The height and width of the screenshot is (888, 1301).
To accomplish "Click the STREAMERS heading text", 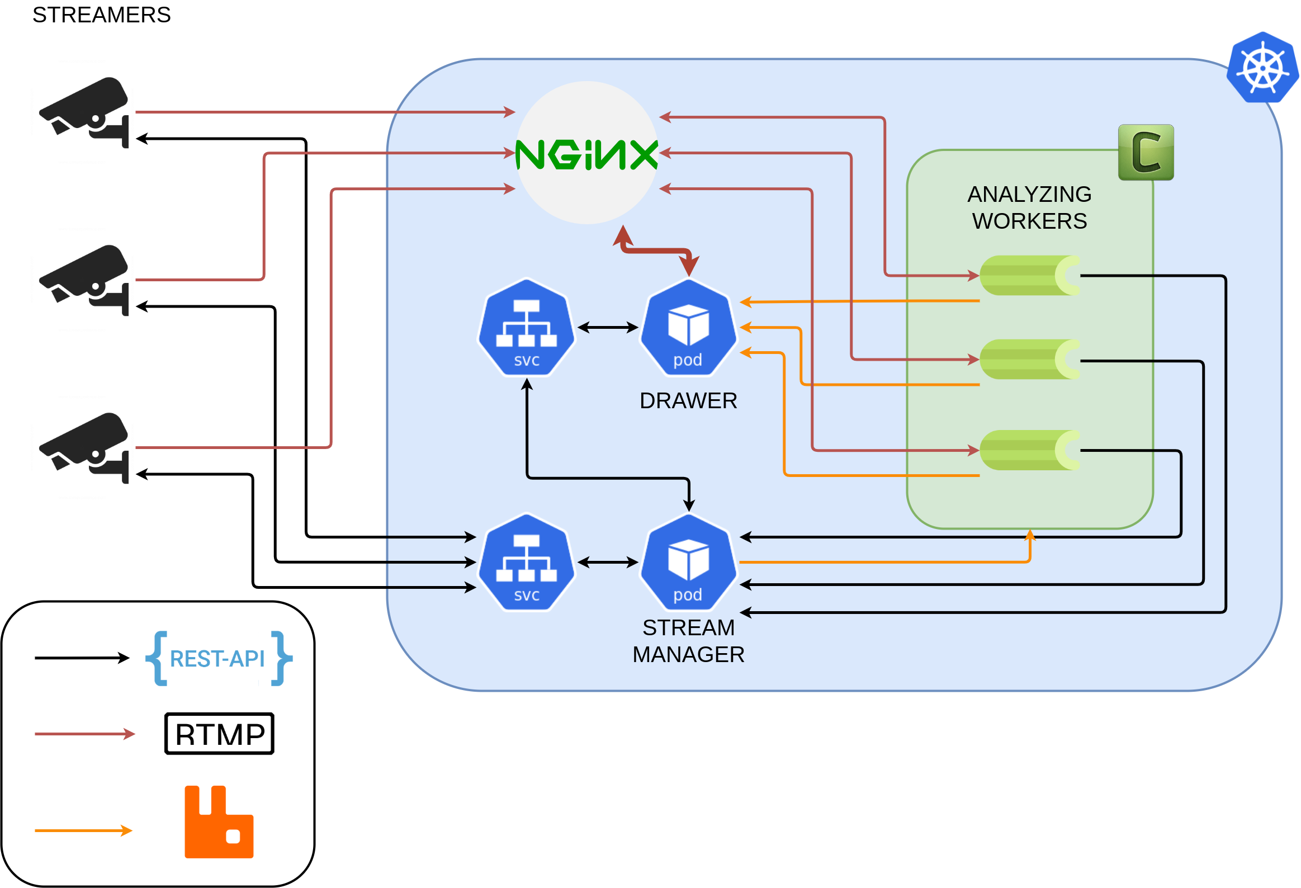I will point(101,15).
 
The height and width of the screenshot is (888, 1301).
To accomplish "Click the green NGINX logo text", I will point(586,154).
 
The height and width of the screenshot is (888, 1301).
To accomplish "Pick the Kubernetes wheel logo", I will point(1262,68).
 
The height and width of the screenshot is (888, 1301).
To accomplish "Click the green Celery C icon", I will point(1146,152).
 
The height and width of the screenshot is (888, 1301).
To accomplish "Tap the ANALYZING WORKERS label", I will point(1029,207).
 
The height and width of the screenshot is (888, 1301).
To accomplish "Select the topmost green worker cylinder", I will point(1029,276).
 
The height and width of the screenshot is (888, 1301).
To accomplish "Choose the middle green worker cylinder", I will point(1029,360).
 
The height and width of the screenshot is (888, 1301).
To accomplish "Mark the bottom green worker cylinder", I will point(1029,450).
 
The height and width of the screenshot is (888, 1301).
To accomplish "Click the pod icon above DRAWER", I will point(688,328).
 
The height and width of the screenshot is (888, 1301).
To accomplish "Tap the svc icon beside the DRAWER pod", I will point(526,328).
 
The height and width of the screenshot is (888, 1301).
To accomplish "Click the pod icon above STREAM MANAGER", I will point(688,563).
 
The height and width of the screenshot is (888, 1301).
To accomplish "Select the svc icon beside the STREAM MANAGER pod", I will point(526,563).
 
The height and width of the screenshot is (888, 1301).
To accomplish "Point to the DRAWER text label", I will point(688,401).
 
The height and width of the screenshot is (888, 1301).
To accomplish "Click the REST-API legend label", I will point(218,659).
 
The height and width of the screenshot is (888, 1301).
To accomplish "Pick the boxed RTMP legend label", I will point(220,734).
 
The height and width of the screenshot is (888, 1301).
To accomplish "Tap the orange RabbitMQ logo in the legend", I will point(219,822).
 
